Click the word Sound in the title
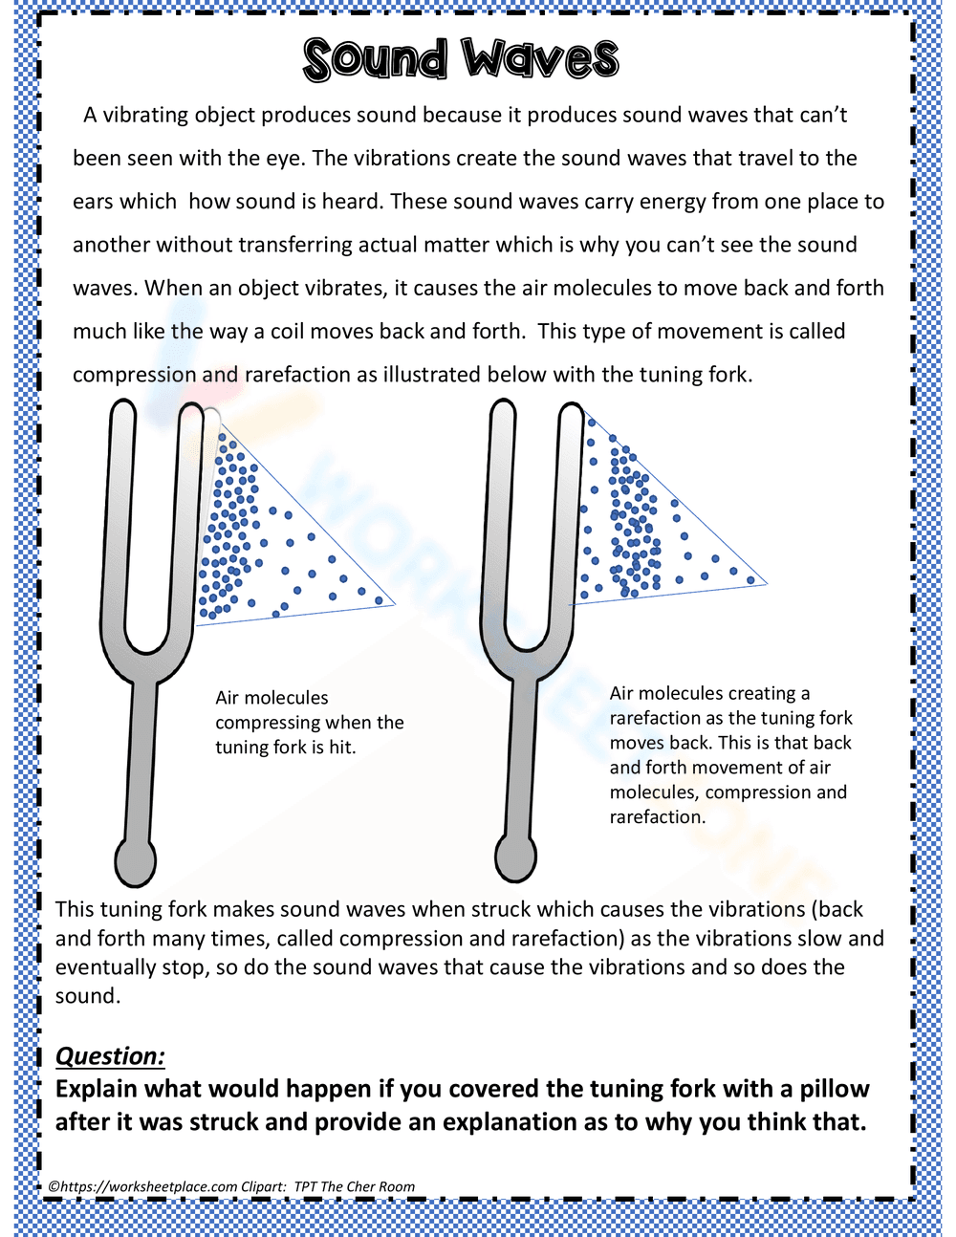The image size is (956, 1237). pos(375,59)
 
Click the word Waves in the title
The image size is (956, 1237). pos(541,59)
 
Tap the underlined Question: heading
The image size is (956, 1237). pos(110,1055)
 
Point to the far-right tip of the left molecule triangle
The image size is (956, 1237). pos(393,604)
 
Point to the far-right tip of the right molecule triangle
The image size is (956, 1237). pos(765,583)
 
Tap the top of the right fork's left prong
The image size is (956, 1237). pos(503,409)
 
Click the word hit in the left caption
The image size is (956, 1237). pos(340,748)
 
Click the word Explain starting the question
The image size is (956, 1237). pos(97,1089)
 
